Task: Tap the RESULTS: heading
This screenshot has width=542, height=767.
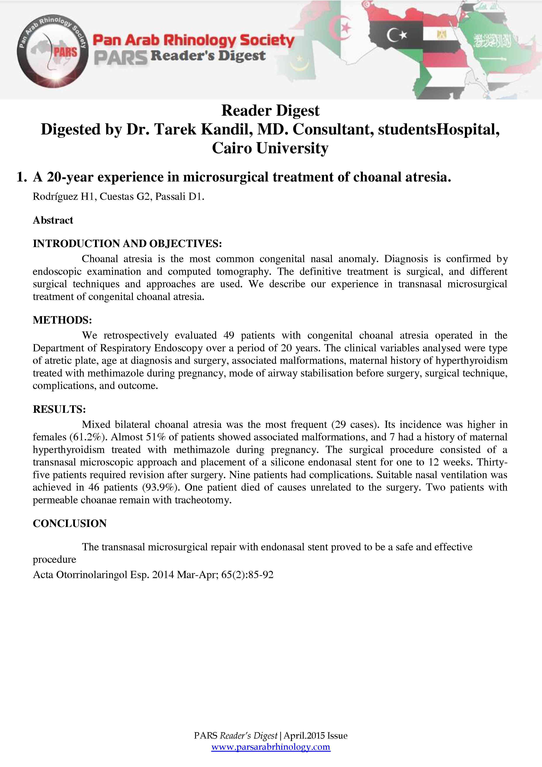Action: click(x=59, y=409)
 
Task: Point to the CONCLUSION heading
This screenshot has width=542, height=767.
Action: click(x=70, y=523)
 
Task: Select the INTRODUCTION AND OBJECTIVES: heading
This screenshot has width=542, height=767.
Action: click(x=127, y=244)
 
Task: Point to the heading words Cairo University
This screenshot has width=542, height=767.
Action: click(x=270, y=148)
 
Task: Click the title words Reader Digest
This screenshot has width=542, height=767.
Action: click(x=270, y=111)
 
